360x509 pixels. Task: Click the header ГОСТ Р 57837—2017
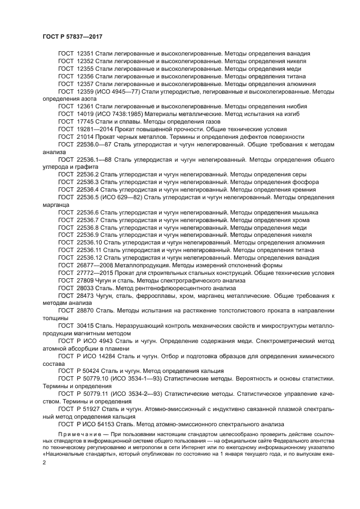click(x=72, y=36)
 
